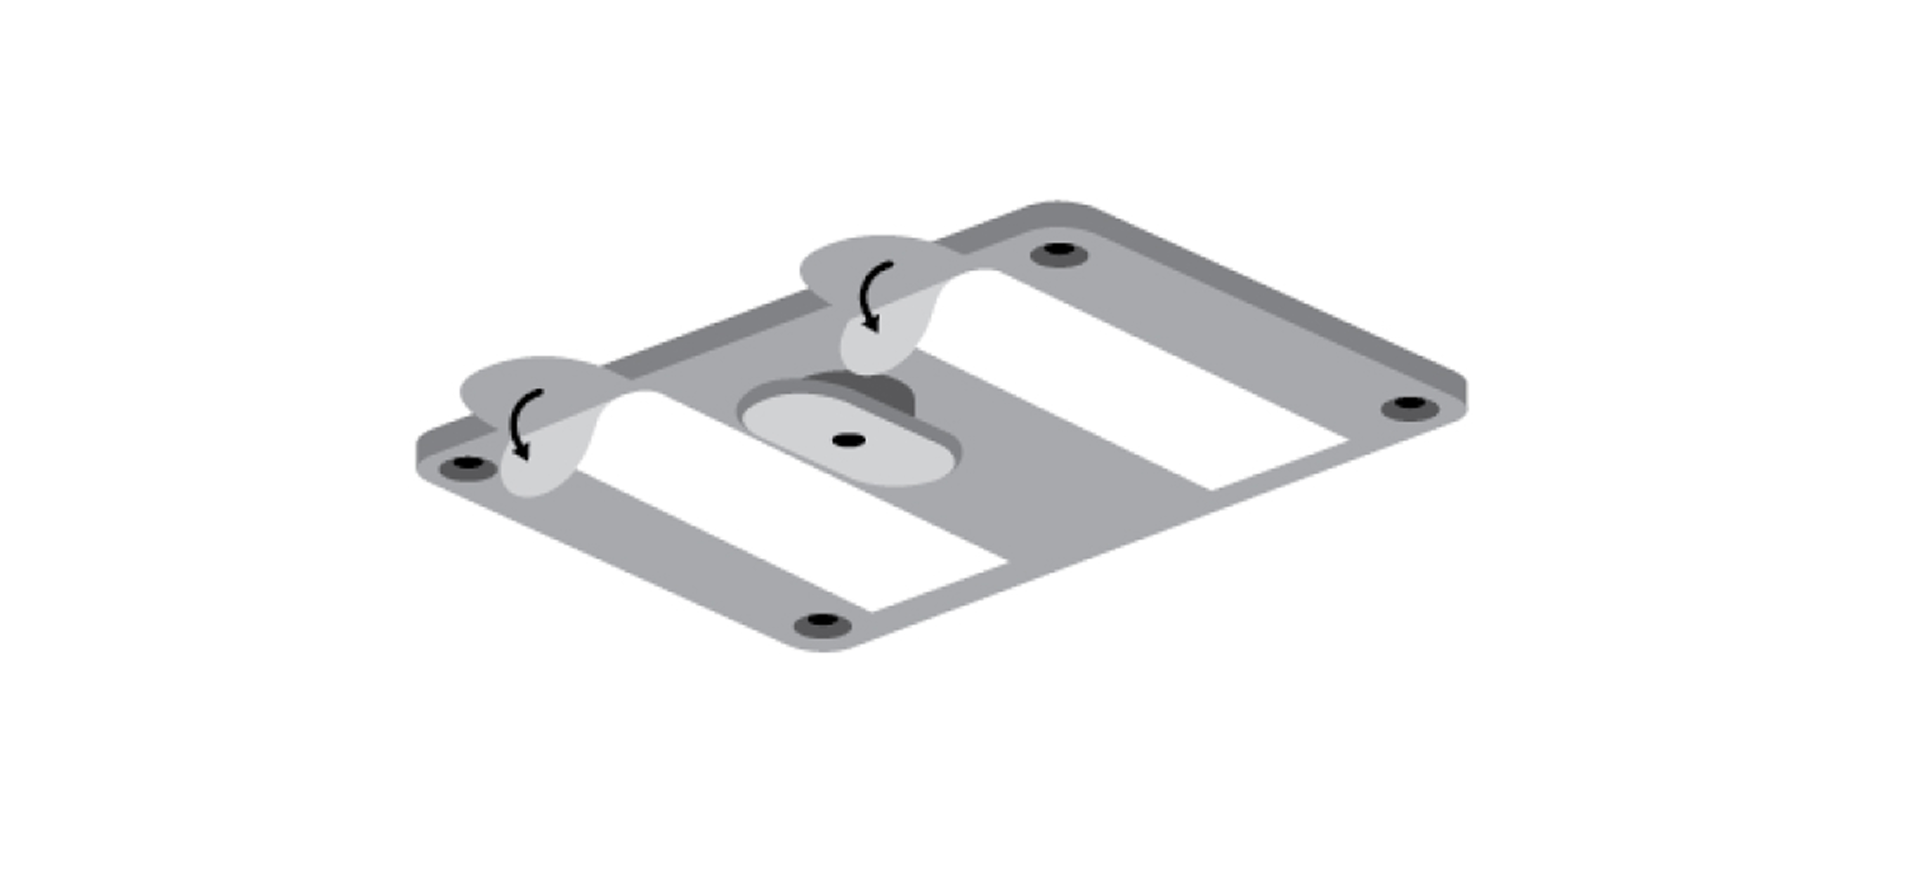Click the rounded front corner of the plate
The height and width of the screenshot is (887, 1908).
pyautogui.click(x=822, y=646)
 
